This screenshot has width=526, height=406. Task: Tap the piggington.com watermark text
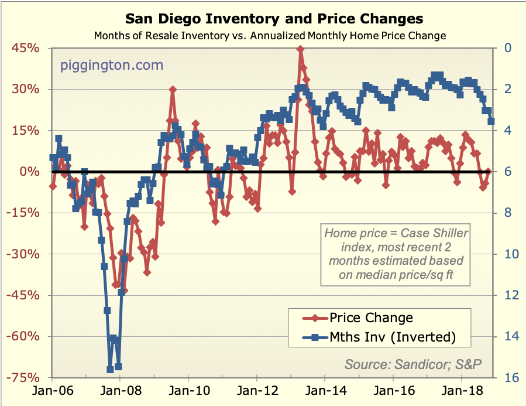[112, 65]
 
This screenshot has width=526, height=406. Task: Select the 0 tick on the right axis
[506, 49]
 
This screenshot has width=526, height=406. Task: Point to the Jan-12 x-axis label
[257, 392]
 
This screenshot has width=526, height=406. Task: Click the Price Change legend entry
[371, 318]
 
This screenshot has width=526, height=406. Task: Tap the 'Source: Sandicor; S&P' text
[413, 364]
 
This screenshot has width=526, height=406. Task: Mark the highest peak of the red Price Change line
[300, 49]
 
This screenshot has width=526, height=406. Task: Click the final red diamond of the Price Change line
[488, 172]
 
